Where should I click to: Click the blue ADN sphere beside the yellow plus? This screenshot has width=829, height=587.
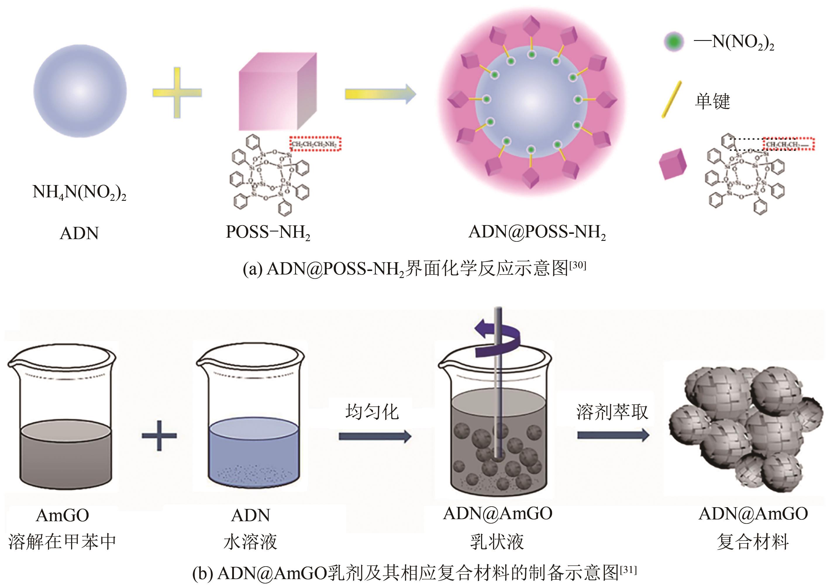coord(80,91)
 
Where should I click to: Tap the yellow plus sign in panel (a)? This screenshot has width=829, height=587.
coord(177,93)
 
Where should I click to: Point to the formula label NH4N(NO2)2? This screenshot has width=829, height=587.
coord(79,192)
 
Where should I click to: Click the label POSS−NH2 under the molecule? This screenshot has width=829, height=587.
coord(268,232)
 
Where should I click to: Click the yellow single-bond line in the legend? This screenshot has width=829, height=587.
coord(671,99)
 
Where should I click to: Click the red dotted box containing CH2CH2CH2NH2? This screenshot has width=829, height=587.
coord(315,144)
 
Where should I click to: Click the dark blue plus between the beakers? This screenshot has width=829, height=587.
coord(159,436)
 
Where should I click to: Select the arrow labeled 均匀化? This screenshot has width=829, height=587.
coord(375,436)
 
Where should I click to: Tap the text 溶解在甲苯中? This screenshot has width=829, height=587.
coord(62,541)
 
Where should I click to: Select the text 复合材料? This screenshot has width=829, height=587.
coord(753,541)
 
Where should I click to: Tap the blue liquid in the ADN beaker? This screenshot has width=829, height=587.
coord(254,452)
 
